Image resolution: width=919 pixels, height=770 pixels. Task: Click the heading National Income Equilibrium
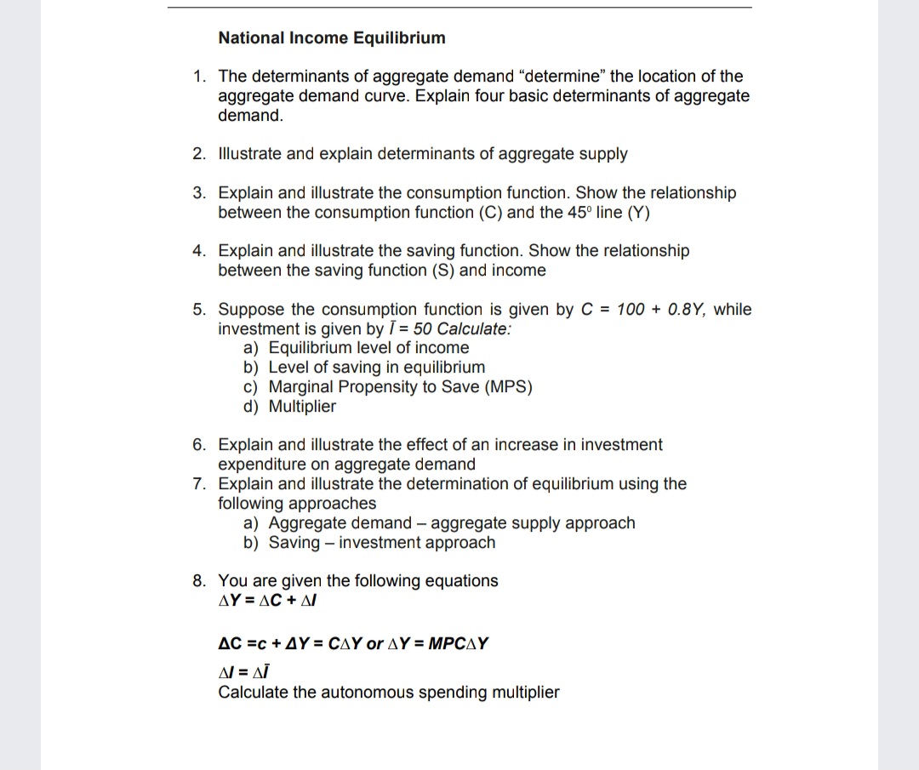point(332,38)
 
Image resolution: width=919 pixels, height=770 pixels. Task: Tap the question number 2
point(197,154)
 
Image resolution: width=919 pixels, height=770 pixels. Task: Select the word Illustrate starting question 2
point(249,154)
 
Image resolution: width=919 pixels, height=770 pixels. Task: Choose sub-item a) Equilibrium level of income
point(357,348)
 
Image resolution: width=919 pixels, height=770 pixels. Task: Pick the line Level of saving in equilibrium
point(376,368)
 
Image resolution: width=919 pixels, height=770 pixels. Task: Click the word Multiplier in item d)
point(302,407)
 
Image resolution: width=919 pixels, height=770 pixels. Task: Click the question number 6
point(197,445)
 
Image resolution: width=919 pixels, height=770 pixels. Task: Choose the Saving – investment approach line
point(381,543)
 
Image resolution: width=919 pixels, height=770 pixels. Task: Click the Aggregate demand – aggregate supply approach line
point(451,523)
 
